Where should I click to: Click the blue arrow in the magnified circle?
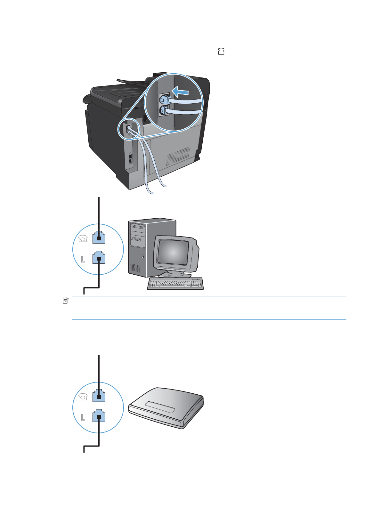pos(180,92)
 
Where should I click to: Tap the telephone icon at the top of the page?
pos(221,51)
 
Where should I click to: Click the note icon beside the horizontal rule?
pos(65,300)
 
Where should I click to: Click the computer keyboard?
pos(175,284)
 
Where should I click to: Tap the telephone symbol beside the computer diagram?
pos(83,238)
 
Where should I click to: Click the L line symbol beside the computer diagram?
pos(83,259)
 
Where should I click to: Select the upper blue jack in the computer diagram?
pos(99,237)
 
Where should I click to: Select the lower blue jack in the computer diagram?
pos(99,258)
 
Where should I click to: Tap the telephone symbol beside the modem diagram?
pos(83,397)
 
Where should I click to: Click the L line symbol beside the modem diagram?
pos(83,417)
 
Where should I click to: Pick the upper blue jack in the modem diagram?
pos(99,396)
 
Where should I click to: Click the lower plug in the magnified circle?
pos(165,111)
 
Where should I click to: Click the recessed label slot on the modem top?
pos(160,407)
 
